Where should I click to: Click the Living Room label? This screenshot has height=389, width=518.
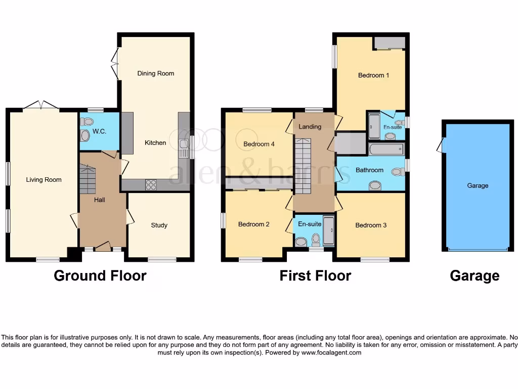pyautogui.click(x=44, y=180)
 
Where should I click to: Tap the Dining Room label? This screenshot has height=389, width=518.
pyautogui.click(x=155, y=73)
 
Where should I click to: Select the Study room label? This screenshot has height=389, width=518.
pyautogui.click(x=159, y=225)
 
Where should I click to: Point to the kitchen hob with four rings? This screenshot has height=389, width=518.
pyautogui.click(x=151, y=185)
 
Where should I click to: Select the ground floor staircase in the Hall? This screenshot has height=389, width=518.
pyautogui.click(x=88, y=180)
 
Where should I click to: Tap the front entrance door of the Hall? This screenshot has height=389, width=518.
pyautogui.click(x=103, y=247)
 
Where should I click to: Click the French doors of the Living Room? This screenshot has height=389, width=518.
pyautogui.click(x=41, y=105)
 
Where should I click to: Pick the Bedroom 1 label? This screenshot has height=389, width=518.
pyautogui.click(x=373, y=75)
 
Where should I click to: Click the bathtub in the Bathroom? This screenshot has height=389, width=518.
pyautogui.click(x=386, y=149)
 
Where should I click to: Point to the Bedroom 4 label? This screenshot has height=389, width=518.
pyautogui.click(x=259, y=144)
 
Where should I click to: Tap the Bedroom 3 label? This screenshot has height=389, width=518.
pyautogui.click(x=371, y=225)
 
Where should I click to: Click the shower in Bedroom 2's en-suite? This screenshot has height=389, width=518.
pyautogui.click(x=328, y=231)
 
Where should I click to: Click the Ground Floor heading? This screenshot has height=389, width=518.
pyautogui.click(x=100, y=276)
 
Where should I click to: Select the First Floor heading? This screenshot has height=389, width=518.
pyautogui.click(x=315, y=276)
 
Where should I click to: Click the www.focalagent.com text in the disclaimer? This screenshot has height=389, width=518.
pyautogui.click(x=331, y=353)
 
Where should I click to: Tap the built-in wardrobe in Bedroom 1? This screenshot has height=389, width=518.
pyautogui.click(x=389, y=43)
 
